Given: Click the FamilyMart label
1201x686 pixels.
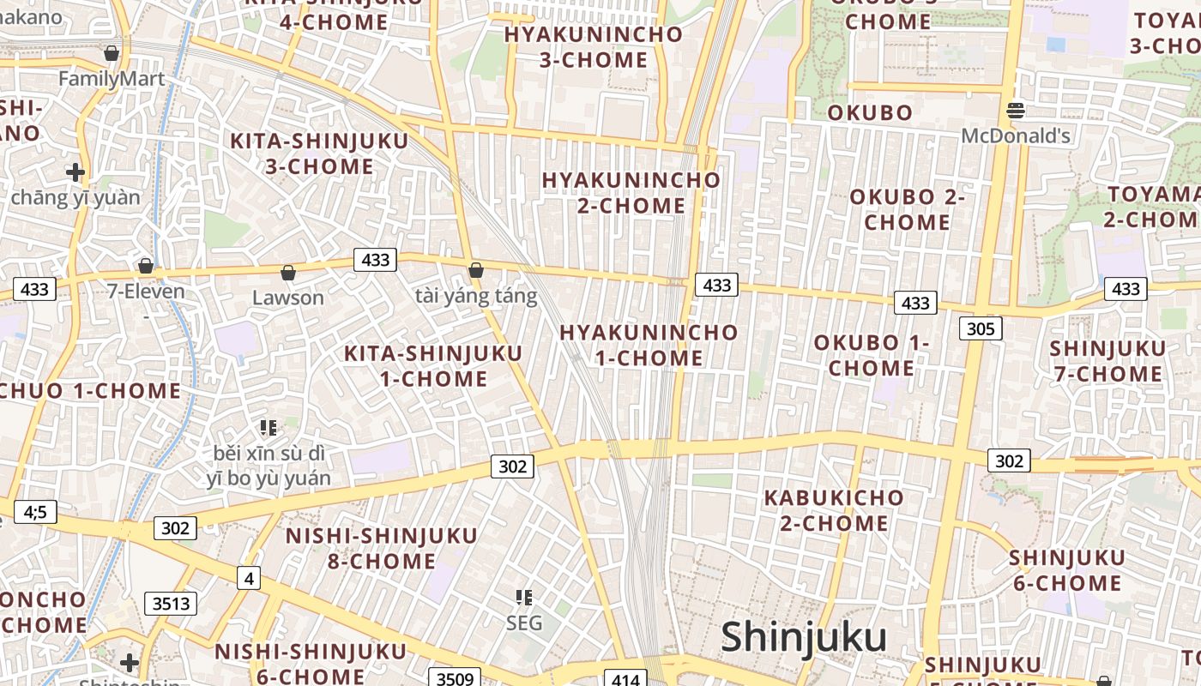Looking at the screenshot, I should pos(112,79).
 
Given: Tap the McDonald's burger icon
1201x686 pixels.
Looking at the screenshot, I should pos(1016,110).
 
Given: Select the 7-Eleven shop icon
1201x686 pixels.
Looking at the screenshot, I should pos(146,266).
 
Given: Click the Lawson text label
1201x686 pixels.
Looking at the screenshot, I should pos(288,298).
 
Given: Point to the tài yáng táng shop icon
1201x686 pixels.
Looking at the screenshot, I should pos(476,271).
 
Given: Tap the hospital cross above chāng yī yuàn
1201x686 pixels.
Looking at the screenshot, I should pos(75,172).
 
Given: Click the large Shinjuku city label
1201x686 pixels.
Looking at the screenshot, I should pos(804,638).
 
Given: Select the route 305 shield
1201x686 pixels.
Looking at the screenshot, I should pos(980,328).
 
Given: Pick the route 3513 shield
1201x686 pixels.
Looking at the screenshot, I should pos(171,604).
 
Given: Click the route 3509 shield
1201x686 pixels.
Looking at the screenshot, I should pos(455,679).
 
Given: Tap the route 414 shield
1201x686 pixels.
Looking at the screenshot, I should pos(626,679).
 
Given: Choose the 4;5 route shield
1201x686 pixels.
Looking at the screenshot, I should pos(35,513).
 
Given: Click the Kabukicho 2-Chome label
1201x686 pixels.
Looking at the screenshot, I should pos(834,510).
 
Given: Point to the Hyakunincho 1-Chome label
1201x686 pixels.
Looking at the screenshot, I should pos(649,345).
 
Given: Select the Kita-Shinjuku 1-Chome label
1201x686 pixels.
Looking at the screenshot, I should pos(433,366).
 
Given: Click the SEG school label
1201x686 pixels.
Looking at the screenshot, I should pos(524,623).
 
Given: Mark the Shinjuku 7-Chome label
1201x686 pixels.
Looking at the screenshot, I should pos(1107,361).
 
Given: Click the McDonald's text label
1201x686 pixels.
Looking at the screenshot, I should pos(1016,135).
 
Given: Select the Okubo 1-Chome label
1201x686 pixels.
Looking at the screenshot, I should pos(872,355).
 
